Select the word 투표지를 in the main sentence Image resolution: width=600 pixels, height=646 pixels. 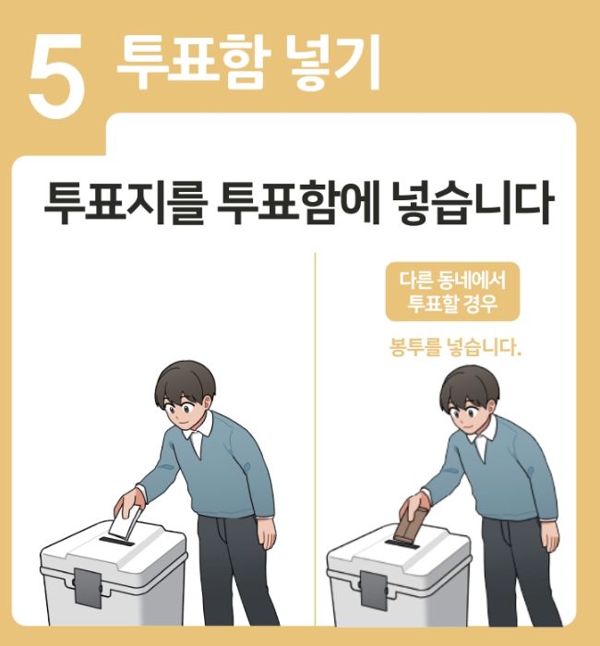click(x=123, y=206)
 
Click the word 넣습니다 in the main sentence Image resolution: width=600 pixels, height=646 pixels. click(x=471, y=206)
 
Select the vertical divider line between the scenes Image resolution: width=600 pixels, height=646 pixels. click(x=314, y=443)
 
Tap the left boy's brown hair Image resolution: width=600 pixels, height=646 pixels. click(x=185, y=378)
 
